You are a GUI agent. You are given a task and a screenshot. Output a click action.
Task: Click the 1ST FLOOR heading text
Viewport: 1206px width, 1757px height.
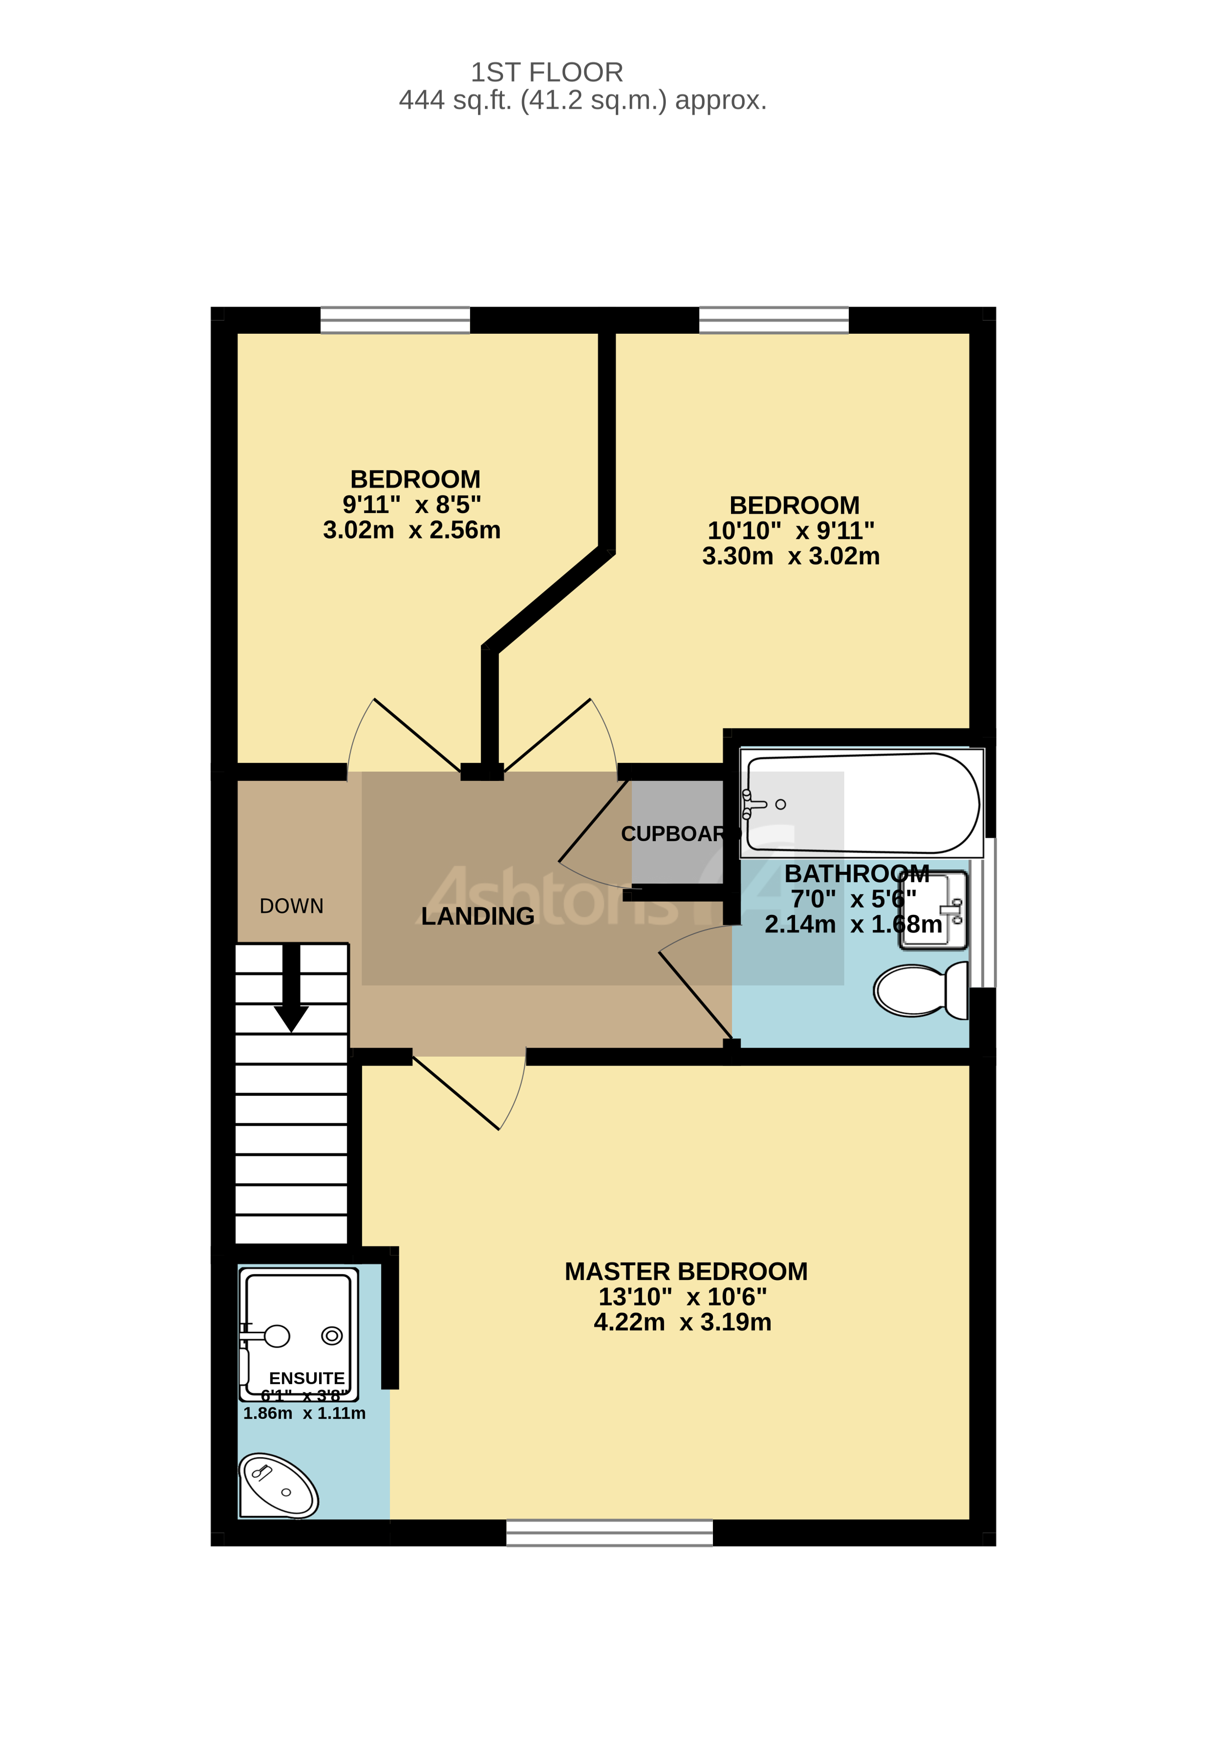coord(547,73)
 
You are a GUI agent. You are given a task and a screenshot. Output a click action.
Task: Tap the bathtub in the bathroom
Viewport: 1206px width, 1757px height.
coord(862,803)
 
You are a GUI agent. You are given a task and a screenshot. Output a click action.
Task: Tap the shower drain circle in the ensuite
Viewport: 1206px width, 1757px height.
coord(332,1336)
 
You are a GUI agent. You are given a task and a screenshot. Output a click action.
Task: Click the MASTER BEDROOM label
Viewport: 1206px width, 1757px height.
coord(686,1272)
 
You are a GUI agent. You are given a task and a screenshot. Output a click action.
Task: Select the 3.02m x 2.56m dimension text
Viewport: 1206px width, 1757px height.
coord(411,530)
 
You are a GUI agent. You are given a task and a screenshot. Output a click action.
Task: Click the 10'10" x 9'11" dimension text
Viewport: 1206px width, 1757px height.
coord(791,531)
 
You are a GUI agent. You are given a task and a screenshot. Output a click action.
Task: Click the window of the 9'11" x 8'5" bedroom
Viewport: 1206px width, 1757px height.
coord(395,320)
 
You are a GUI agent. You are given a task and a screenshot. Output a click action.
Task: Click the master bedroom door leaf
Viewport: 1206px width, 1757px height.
coord(456,1093)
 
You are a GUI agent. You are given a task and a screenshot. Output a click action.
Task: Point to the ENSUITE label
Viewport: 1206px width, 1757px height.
coord(307,1378)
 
